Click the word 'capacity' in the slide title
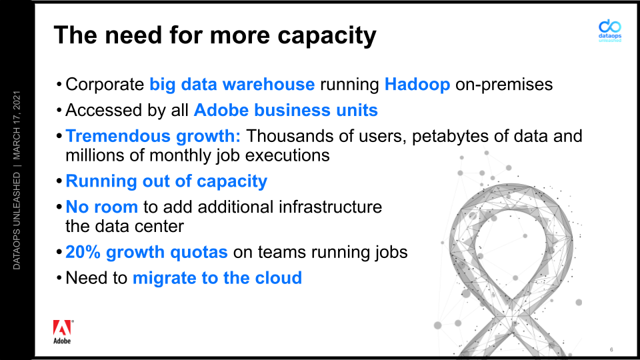327,36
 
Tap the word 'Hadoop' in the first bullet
417,85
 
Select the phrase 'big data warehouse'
232,85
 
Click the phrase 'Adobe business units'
286,110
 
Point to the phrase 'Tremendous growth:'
153,136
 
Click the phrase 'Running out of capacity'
166,181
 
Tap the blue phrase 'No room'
101,207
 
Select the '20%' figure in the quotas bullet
83,252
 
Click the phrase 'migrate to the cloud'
217,278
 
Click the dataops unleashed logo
610,31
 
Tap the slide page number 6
611,349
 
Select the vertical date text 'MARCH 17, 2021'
16,125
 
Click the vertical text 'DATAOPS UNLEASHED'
16,221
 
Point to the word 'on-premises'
504,85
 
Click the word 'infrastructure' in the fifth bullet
330,207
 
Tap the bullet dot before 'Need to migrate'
59,279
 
